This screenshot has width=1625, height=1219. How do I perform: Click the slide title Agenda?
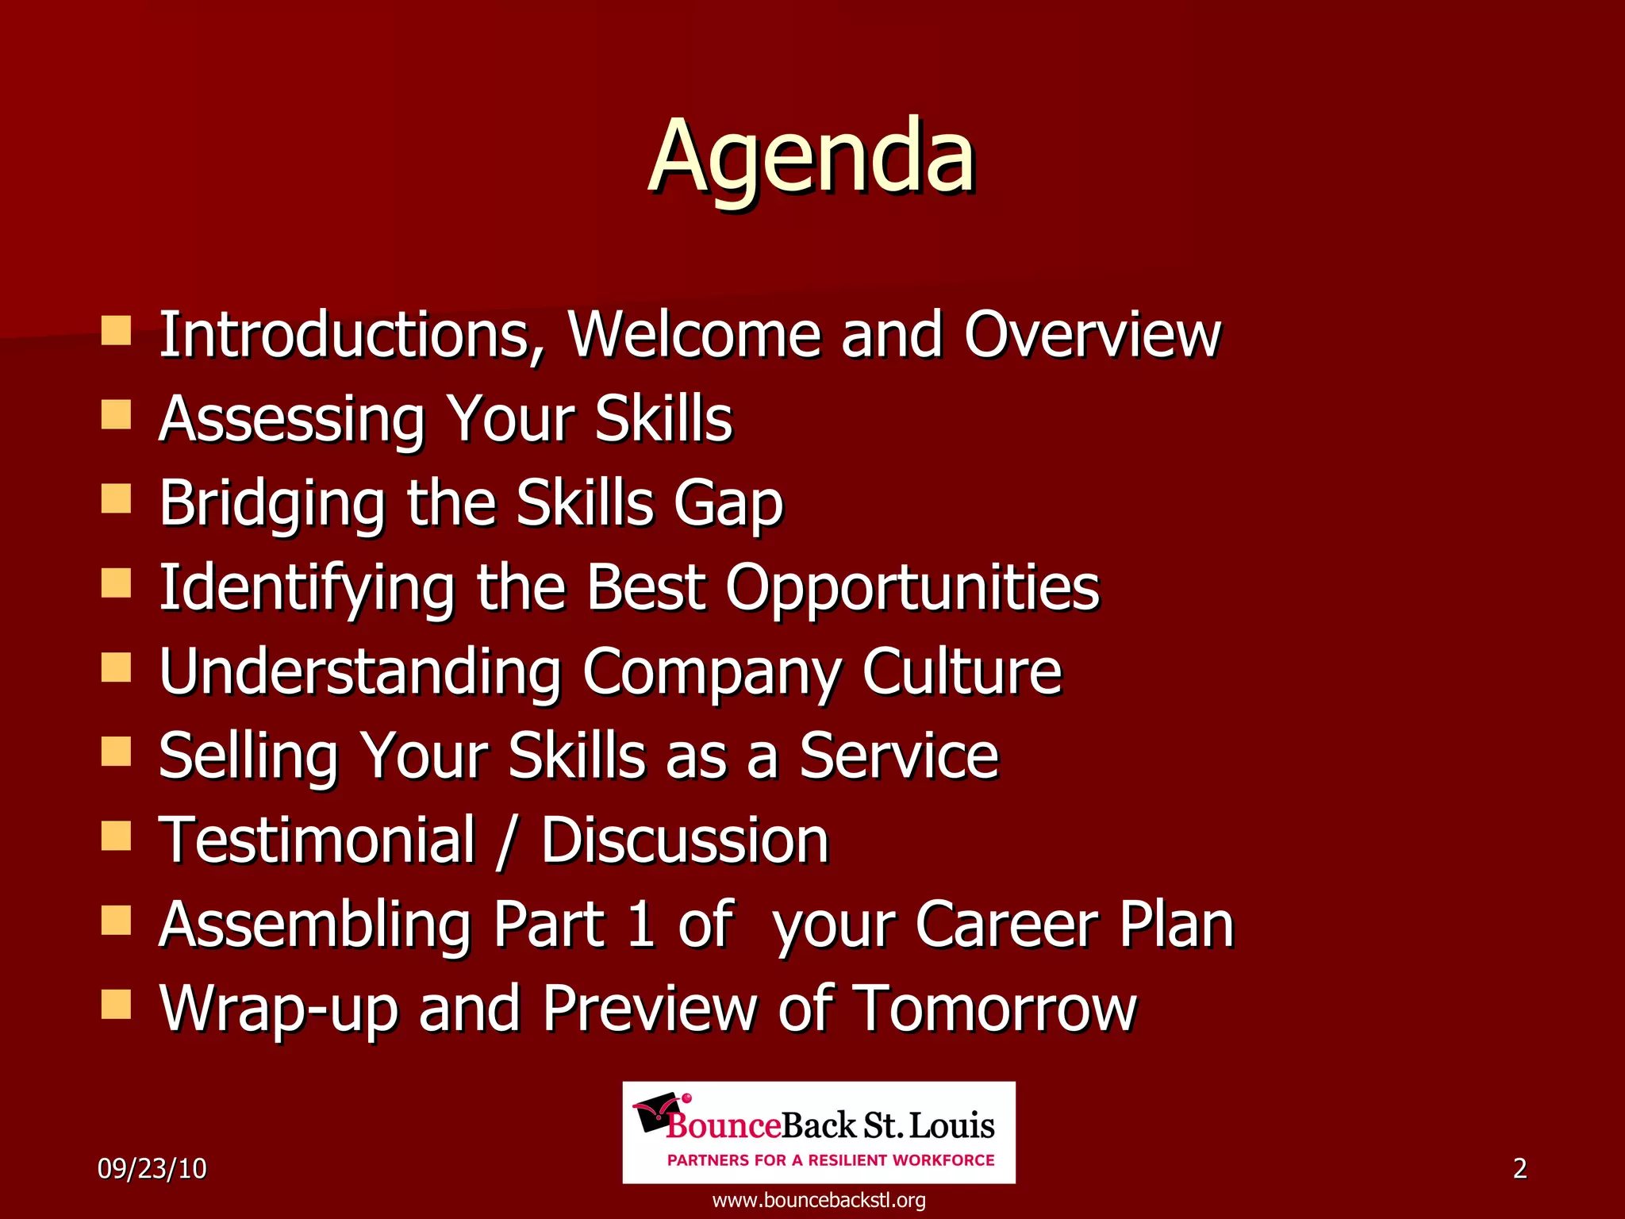coord(811,157)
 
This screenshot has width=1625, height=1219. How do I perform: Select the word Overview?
coord(1092,335)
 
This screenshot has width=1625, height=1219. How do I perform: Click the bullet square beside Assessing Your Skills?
coord(117,413)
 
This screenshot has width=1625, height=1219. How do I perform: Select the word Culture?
coord(962,672)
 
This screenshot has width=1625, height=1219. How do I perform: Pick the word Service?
coord(898,756)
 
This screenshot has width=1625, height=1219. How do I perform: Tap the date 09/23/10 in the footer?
coord(152,1169)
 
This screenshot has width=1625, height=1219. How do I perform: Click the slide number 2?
coord(1519,1169)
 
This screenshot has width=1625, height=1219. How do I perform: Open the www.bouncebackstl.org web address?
coord(819,1200)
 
